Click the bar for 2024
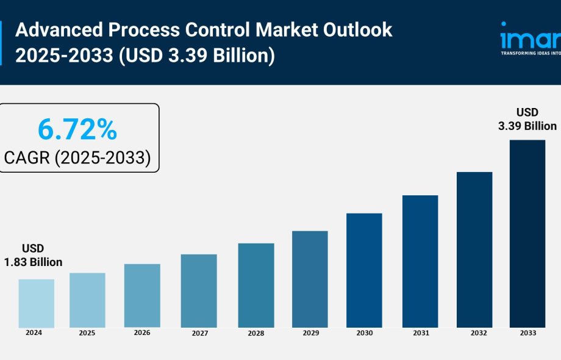(36, 303)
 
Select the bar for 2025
(87, 300)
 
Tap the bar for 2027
(199, 290)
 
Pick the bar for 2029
(310, 279)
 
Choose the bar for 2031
(420, 261)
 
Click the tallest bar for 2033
(527, 234)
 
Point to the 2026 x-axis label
(141, 333)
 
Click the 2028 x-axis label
(256, 334)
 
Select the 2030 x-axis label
(364, 333)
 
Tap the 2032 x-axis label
(474, 333)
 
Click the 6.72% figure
(77, 130)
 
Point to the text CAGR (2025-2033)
(77, 157)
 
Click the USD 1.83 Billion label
(33, 255)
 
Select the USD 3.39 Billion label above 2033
(527, 119)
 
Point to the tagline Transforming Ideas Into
(530, 54)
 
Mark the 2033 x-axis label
(527, 333)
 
